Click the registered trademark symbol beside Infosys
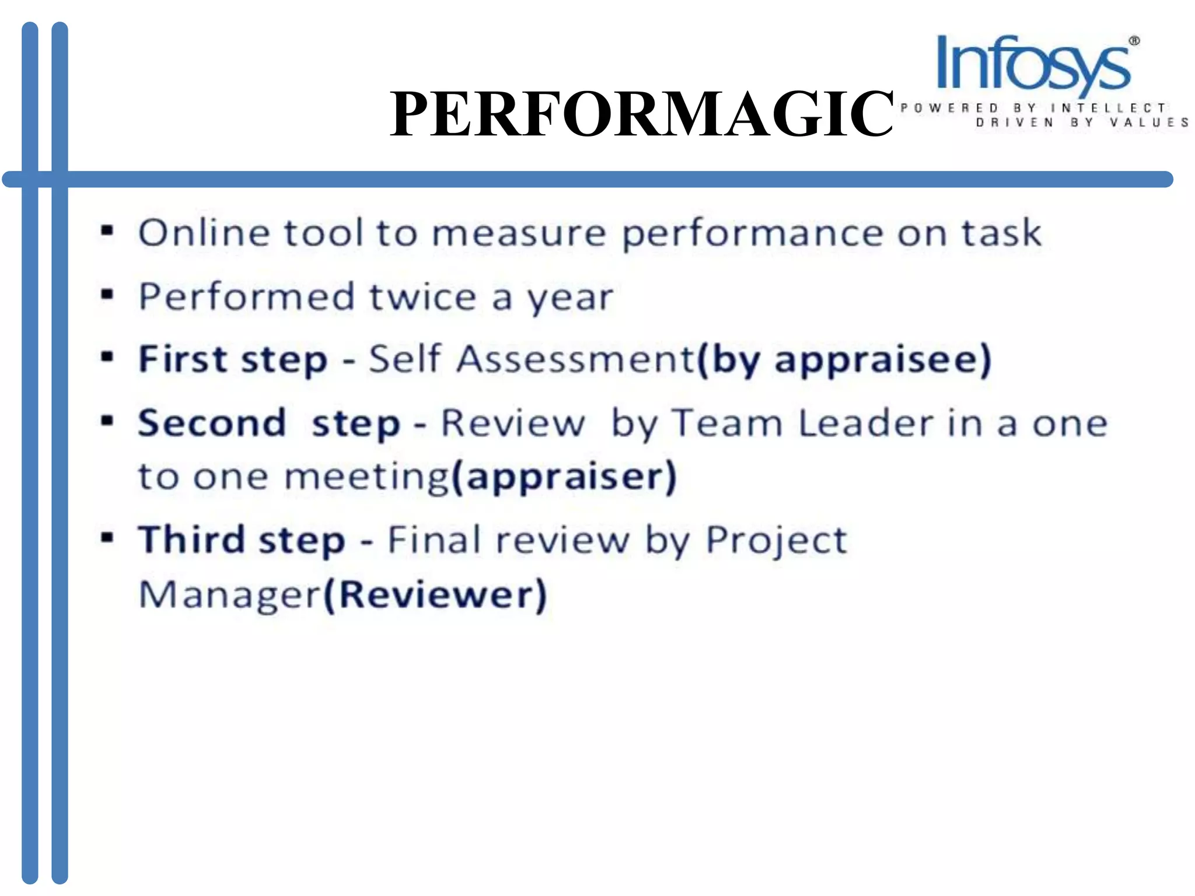[x=1134, y=41]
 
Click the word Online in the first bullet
[x=204, y=233]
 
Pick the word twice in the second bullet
[x=423, y=297]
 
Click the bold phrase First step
[x=233, y=359]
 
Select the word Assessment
[x=575, y=359]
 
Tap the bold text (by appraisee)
[x=844, y=360]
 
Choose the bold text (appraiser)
[x=564, y=477]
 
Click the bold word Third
[x=191, y=539]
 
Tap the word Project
[x=776, y=540]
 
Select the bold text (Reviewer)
[x=435, y=595]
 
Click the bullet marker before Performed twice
[x=107, y=294]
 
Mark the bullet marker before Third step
[x=107, y=537]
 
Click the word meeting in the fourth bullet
[x=366, y=477]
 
